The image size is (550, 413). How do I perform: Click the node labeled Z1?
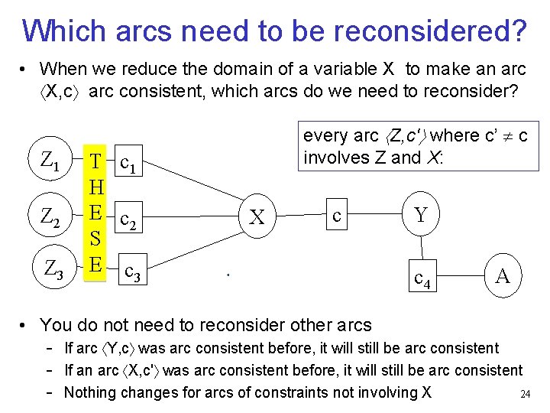click(x=50, y=161)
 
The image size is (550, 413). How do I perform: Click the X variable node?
click(x=258, y=217)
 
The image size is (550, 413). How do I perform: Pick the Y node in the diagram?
click(x=420, y=215)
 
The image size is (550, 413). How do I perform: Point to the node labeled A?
click(x=502, y=275)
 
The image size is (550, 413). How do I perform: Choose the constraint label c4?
click(x=422, y=278)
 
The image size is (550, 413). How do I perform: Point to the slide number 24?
click(x=525, y=395)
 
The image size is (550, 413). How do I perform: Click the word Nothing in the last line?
click(x=92, y=392)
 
